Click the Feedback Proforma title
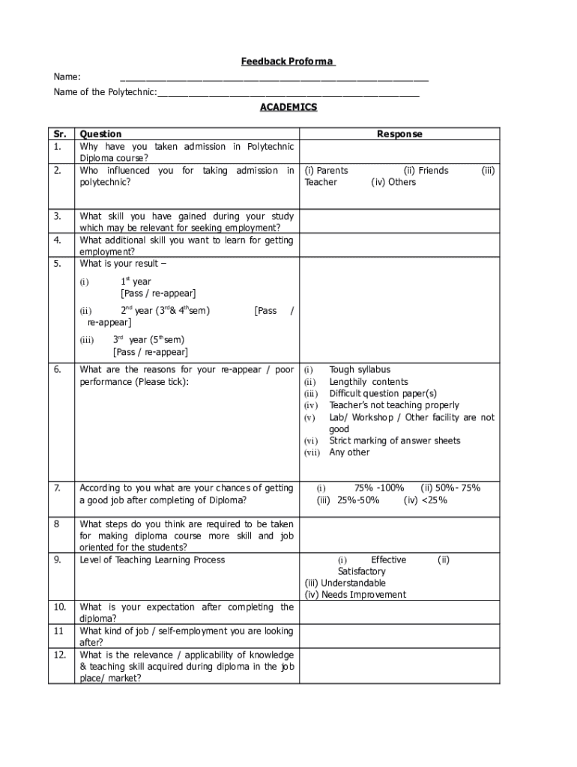pyautogui.click(x=288, y=61)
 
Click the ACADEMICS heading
pyautogui.click(x=288, y=107)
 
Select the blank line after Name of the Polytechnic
pyautogui.click(x=288, y=93)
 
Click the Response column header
pyautogui.click(x=399, y=134)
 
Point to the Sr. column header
pyautogui.click(x=60, y=134)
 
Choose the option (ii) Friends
pyautogui.click(x=426, y=171)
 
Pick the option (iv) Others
pyautogui.click(x=393, y=182)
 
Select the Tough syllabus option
pyautogui.click(x=360, y=370)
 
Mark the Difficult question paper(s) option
pyautogui.click(x=382, y=393)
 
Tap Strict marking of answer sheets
pyautogui.click(x=394, y=441)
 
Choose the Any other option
pyautogui.click(x=349, y=452)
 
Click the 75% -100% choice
pyautogui.click(x=379, y=488)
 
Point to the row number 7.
pyautogui.click(x=58, y=488)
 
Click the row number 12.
pyautogui.click(x=60, y=655)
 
